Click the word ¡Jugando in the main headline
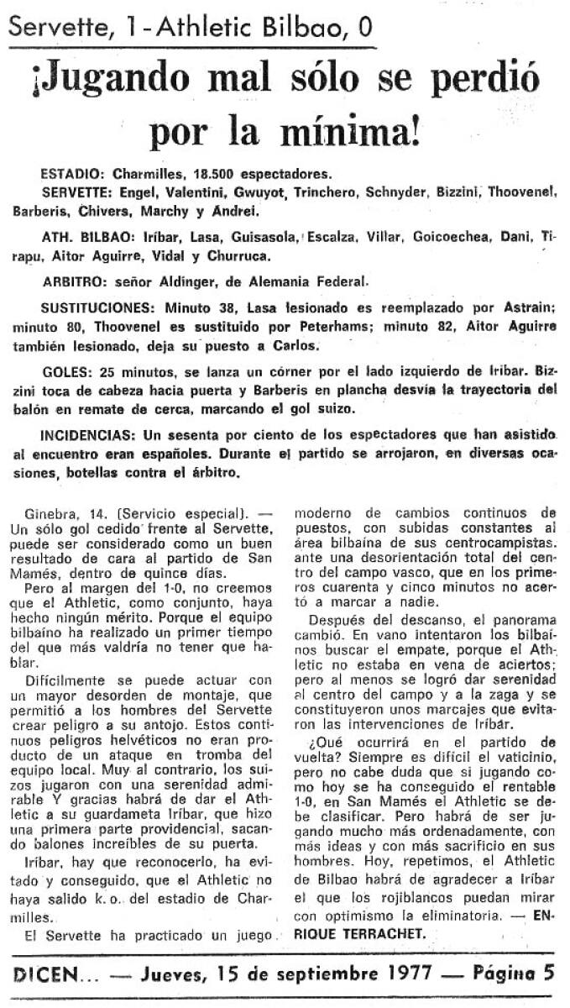tap(110, 81)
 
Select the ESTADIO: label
tap(72, 175)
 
